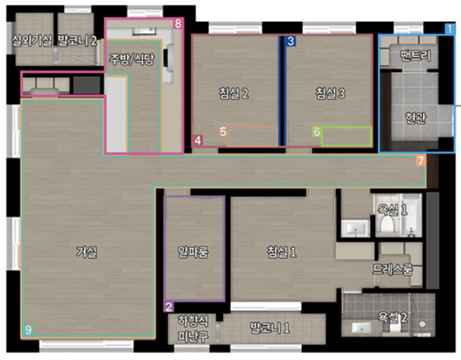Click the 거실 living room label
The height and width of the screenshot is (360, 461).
86,252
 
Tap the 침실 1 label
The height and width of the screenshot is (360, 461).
282,252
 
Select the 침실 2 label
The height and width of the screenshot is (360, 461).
234,93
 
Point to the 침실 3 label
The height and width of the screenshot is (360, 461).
330,93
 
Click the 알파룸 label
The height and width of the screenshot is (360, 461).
193,252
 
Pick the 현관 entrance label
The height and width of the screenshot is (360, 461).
415,117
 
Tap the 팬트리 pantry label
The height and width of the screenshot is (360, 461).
415,56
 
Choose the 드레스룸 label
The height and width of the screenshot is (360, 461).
393,269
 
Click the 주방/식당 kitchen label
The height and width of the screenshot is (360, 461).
132,59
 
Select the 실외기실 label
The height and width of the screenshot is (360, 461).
32,40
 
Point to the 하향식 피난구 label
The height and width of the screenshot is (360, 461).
193,328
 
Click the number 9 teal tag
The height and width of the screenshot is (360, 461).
28,330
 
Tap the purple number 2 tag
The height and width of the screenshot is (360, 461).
169,307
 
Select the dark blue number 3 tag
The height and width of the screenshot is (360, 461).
291,41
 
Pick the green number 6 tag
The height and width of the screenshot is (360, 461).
317,131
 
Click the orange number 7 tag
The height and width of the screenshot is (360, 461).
421,160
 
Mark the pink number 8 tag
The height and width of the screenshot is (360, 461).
177,23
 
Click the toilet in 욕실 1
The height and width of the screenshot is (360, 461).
387,224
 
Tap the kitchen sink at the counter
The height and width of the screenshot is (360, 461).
144,30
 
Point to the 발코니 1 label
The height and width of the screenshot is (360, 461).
270,328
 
